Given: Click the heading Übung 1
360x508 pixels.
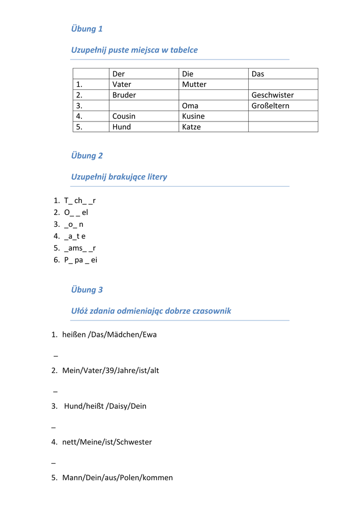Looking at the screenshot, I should pos(87,29).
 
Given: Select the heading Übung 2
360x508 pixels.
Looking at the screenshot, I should pos(87,156).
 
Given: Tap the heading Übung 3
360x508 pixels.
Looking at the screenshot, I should pos(87,290).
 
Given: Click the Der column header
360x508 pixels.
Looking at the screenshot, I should pos(119,74).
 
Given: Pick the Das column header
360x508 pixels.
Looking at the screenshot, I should pos(258,74).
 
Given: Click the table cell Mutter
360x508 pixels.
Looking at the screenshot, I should pos(194,84).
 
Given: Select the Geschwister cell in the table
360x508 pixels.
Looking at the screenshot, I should pos(273,95).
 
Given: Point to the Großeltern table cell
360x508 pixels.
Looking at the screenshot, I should pos(270,106).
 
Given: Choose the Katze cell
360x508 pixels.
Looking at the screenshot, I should pos(191,127).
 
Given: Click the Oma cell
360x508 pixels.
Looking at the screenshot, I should pos(190,106).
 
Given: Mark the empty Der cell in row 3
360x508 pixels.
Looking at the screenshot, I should pos(144,106).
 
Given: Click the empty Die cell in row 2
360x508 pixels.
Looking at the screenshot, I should pos(213,95).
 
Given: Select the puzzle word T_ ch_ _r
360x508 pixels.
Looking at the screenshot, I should pos(79,200).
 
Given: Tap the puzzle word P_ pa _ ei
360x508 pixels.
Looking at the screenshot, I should pos(80,260).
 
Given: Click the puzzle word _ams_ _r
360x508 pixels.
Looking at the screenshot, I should pos(79,248).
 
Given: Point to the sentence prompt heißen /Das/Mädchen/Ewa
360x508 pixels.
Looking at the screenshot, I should pos(109,335).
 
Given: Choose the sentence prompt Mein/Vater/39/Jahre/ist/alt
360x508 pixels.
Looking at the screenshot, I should pos(110,371).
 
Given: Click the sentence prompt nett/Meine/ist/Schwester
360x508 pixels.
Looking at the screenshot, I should pos(107,442).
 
